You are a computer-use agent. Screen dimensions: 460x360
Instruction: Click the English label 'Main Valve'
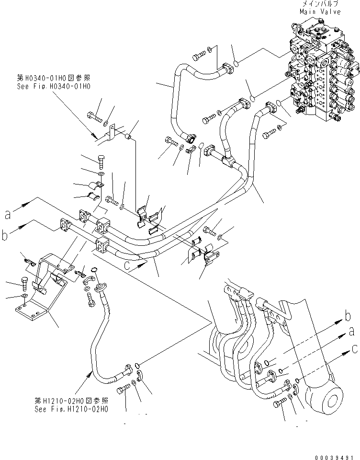pos(320,11)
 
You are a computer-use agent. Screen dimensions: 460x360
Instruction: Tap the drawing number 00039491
pos(333,455)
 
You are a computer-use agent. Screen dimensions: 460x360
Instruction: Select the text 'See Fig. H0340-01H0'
pos(54,86)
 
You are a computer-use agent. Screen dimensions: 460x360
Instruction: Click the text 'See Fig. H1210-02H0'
pos(72,409)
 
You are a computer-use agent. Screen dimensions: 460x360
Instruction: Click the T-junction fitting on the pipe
pos(230,162)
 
